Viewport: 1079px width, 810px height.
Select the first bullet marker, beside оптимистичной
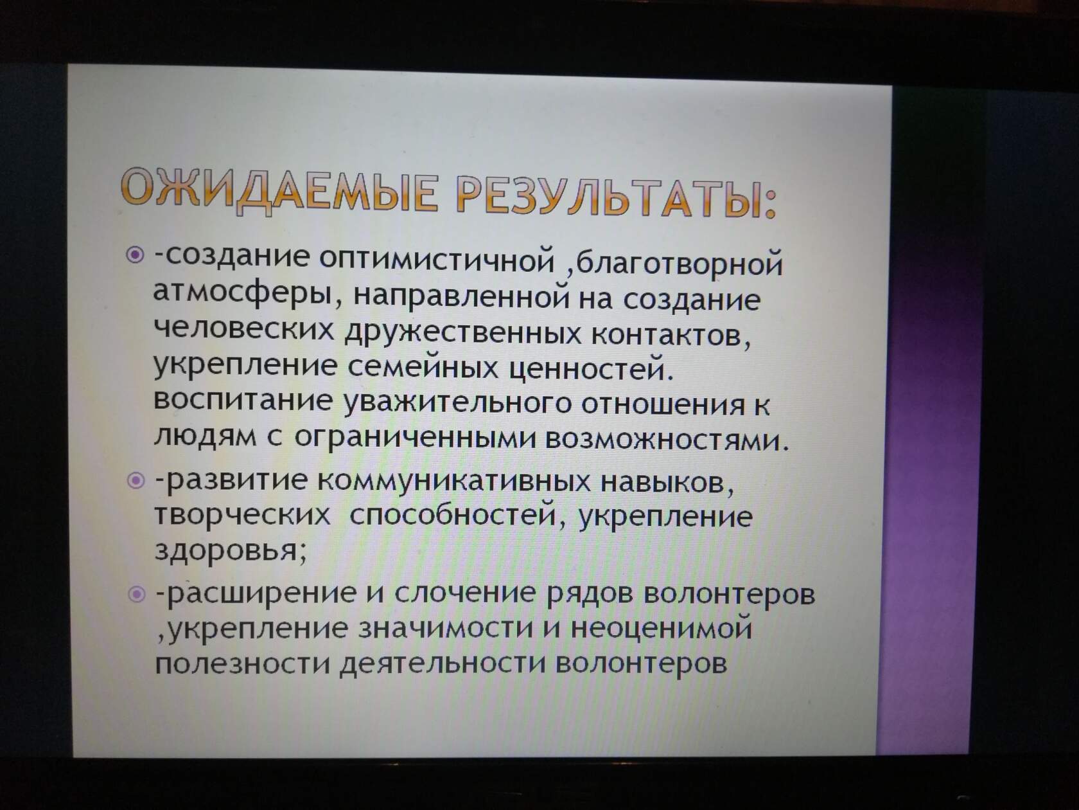[x=135, y=255]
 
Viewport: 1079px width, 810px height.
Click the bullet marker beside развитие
[x=136, y=480]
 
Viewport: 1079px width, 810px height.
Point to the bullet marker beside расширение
[x=136, y=594]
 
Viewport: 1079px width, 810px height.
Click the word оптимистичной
[x=437, y=260]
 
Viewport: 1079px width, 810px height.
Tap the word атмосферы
[x=241, y=294]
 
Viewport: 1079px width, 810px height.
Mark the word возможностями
[x=665, y=440]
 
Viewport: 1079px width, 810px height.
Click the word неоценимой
[x=662, y=628]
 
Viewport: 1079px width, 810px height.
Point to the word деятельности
[x=443, y=663]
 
